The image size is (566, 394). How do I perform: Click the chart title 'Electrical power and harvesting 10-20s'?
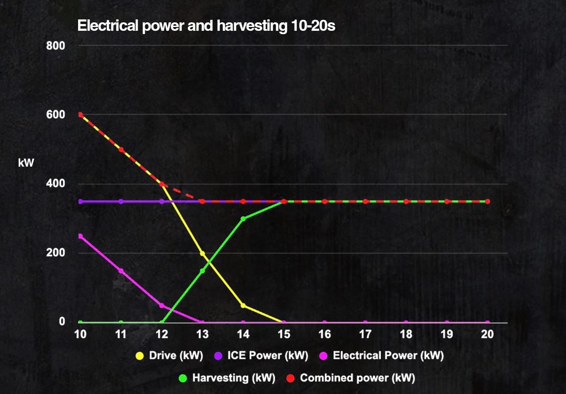pos(206,26)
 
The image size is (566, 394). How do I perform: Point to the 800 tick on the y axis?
pos(56,46)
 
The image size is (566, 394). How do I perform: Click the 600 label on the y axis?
pos(56,115)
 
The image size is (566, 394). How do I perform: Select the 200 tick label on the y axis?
pos(56,253)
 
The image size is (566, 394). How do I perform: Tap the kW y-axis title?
pos(26,163)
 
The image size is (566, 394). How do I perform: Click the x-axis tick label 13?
pos(202,335)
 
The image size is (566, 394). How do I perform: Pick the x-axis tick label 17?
pos(365,335)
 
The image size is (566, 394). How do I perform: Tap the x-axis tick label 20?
pos(487,335)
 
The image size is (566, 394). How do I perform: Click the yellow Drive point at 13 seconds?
pos(202,254)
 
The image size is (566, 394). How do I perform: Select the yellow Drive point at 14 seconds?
pos(243,305)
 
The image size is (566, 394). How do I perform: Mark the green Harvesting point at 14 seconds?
pos(243,219)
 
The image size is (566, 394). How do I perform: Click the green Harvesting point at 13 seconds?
pos(202,271)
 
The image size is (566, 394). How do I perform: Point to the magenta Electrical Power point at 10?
pos(80,236)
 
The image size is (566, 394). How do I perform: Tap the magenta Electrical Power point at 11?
pos(121,271)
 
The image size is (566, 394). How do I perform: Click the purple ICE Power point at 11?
pos(121,201)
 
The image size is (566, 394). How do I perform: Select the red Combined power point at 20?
pos(487,201)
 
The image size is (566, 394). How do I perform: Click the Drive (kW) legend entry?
pos(169,356)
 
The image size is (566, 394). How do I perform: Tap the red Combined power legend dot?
pos(290,378)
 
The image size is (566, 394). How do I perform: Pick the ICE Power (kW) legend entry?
pos(261,356)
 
